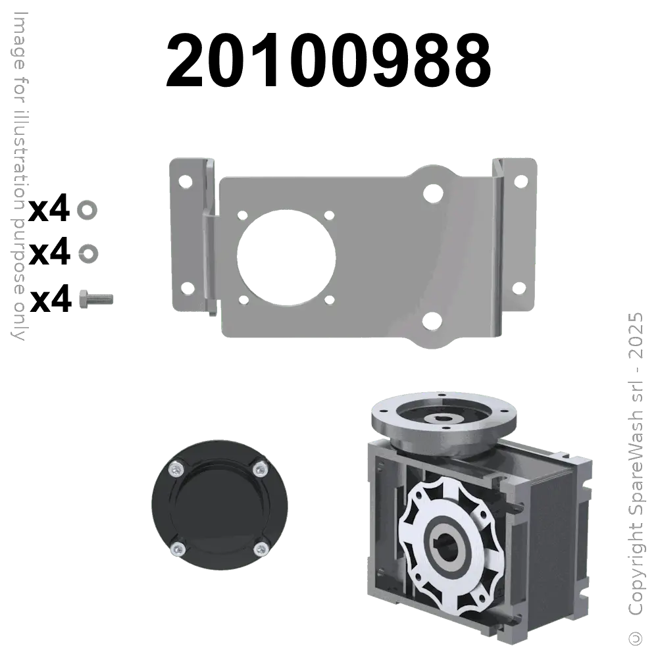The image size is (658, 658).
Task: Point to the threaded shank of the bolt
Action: coord(103,298)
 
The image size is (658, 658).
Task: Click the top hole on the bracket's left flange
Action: coord(186,180)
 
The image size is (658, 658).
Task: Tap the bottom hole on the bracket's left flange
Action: coord(186,288)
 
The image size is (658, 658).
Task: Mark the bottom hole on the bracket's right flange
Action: coord(519,288)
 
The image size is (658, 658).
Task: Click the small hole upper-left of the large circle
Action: coord(242,215)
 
